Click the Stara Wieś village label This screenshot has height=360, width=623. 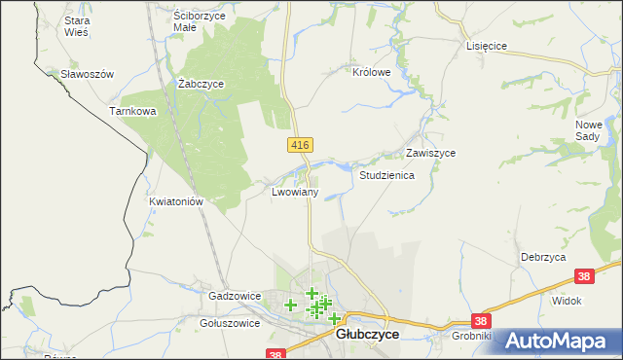[76, 25]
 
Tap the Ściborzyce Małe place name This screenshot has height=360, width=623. [199, 21]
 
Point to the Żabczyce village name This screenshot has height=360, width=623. [202, 84]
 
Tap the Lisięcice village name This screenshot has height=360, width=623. [489, 46]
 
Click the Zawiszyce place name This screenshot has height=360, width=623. [431, 154]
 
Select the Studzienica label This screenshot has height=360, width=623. [387, 176]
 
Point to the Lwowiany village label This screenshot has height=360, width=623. [295, 193]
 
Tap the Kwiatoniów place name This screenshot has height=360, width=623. [175, 202]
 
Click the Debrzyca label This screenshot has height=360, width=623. [543, 256]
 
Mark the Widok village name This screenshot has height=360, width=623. [567, 301]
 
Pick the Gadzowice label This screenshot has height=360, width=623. [235, 295]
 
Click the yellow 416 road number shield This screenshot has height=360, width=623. [300, 145]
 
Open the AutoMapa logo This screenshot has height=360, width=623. [559, 341]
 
